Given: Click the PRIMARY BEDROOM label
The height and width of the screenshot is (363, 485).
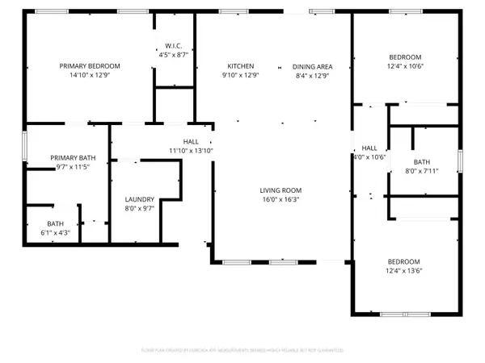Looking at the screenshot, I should click(x=89, y=66).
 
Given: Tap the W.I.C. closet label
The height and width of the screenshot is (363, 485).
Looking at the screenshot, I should click(x=173, y=46).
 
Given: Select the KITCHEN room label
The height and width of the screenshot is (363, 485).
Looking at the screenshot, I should click(x=241, y=66).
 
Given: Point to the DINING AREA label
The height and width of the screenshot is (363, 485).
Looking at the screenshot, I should click(x=310, y=66).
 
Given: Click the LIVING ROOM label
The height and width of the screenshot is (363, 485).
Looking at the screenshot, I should click(x=280, y=190).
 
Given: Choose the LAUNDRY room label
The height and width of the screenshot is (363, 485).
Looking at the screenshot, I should click(x=139, y=200).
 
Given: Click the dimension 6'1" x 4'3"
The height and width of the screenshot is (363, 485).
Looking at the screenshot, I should click(x=55, y=233).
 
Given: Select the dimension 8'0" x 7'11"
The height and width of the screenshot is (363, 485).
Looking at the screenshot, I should click(x=420, y=170).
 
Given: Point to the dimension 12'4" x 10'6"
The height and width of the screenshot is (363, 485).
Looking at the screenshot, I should click(x=405, y=66).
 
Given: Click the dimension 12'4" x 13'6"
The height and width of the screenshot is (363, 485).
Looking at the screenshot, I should click(x=403, y=271).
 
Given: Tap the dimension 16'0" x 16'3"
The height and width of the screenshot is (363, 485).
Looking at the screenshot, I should click(x=280, y=200).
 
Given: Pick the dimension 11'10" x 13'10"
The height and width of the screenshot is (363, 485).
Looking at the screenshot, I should click(x=190, y=151).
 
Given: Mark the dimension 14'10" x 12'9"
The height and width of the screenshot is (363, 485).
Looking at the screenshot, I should click(x=89, y=76).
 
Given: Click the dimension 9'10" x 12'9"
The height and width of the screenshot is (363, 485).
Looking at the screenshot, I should click(x=241, y=76).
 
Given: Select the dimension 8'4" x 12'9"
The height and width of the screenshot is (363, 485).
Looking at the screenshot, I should click(x=310, y=76).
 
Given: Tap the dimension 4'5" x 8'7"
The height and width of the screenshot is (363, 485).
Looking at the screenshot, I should click(x=173, y=55).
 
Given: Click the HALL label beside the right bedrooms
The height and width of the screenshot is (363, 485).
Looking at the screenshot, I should click(x=369, y=148).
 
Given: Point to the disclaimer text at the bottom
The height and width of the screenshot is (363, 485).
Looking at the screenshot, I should click(x=242, y=350).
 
